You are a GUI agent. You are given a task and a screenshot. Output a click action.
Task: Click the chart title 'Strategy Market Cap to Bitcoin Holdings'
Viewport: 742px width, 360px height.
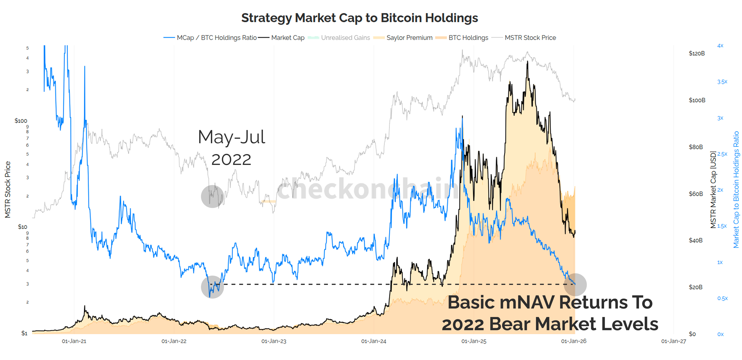pos(359,18)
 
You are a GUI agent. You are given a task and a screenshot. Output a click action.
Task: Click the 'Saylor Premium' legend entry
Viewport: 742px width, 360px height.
pos(409,38)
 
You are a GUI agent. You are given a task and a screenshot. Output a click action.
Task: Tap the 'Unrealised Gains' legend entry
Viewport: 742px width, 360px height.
pos(345,38)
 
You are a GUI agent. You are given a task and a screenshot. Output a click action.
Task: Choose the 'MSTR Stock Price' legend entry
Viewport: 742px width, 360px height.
pos(530,38)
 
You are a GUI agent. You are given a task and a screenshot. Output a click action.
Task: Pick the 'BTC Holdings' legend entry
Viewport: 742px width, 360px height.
pos(468,38)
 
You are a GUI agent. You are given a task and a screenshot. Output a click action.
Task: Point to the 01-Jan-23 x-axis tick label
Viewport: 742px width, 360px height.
pos(274,341)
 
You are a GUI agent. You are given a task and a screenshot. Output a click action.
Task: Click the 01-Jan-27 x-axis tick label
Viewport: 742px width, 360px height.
pos(673,341)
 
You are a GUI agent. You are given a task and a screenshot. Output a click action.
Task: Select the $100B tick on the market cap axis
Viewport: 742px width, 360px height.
pos(697,100)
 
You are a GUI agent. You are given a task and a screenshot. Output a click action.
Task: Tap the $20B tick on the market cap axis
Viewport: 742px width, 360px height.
pos(695,287)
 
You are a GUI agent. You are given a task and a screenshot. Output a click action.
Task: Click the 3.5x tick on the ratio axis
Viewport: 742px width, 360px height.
pos(722,82)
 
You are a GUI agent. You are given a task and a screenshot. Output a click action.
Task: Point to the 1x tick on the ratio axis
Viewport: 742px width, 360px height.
pos(720,262)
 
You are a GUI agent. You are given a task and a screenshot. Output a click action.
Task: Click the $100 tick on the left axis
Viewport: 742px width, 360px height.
pos(21,121)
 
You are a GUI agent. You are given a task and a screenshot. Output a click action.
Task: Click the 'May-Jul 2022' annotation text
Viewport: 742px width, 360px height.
pos(231,148)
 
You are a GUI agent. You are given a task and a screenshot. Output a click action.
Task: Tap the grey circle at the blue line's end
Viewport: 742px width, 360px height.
pos(575,285)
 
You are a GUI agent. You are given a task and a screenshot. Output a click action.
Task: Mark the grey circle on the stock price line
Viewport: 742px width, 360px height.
pos(212,196)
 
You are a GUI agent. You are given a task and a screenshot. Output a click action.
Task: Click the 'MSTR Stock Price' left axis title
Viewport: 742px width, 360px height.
pos(8,189)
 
